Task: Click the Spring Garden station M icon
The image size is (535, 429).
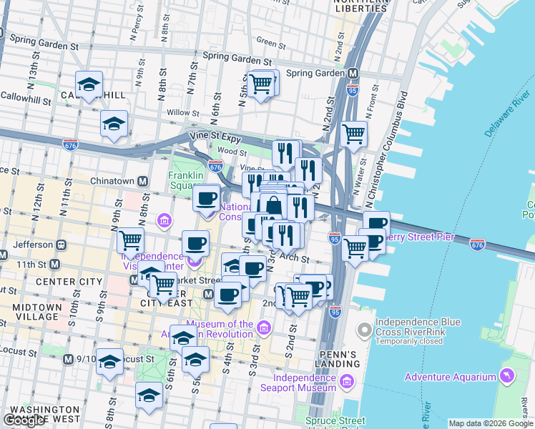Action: point(353,73)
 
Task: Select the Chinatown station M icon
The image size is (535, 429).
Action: point(142,182)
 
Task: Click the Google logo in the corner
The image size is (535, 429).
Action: point(24,420)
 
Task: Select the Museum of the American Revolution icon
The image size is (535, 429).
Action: point(264,328)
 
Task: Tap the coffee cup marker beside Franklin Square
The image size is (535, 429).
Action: point(207,198)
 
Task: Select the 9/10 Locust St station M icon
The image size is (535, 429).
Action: point(68,358)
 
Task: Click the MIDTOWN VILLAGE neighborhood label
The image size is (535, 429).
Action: point(26,312)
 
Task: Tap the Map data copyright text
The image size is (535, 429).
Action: point(491,423)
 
